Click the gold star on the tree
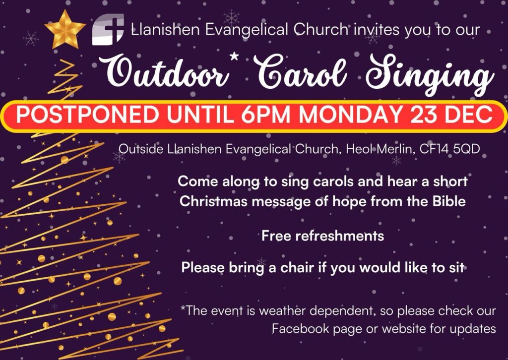click(x=65, y=29)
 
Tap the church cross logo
click(x=108, y=29)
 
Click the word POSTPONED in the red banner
click(x=88, y=115)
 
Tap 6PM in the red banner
click(x=265, y=115)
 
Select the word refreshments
click(x=340, y=236)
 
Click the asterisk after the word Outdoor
click(x=234, y=57)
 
